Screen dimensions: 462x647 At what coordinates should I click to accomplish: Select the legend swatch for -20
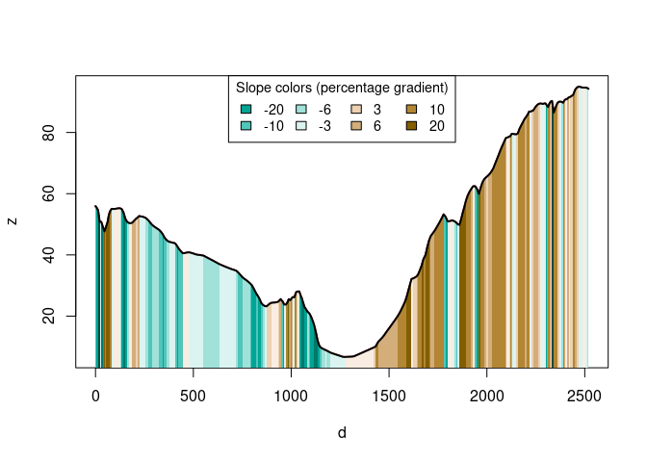246,110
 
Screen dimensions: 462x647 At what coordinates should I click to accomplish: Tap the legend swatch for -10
246,126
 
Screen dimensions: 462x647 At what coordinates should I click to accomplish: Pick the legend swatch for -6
301,110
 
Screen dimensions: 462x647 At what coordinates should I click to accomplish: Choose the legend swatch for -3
301,126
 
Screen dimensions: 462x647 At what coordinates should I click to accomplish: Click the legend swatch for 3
356,110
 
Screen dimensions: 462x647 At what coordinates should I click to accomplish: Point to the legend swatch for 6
356,126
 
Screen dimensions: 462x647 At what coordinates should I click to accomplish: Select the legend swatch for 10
412,110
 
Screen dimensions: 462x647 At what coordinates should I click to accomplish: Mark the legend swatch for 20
412,126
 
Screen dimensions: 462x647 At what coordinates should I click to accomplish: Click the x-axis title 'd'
342,433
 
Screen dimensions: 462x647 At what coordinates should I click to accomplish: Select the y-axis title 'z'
13,220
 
